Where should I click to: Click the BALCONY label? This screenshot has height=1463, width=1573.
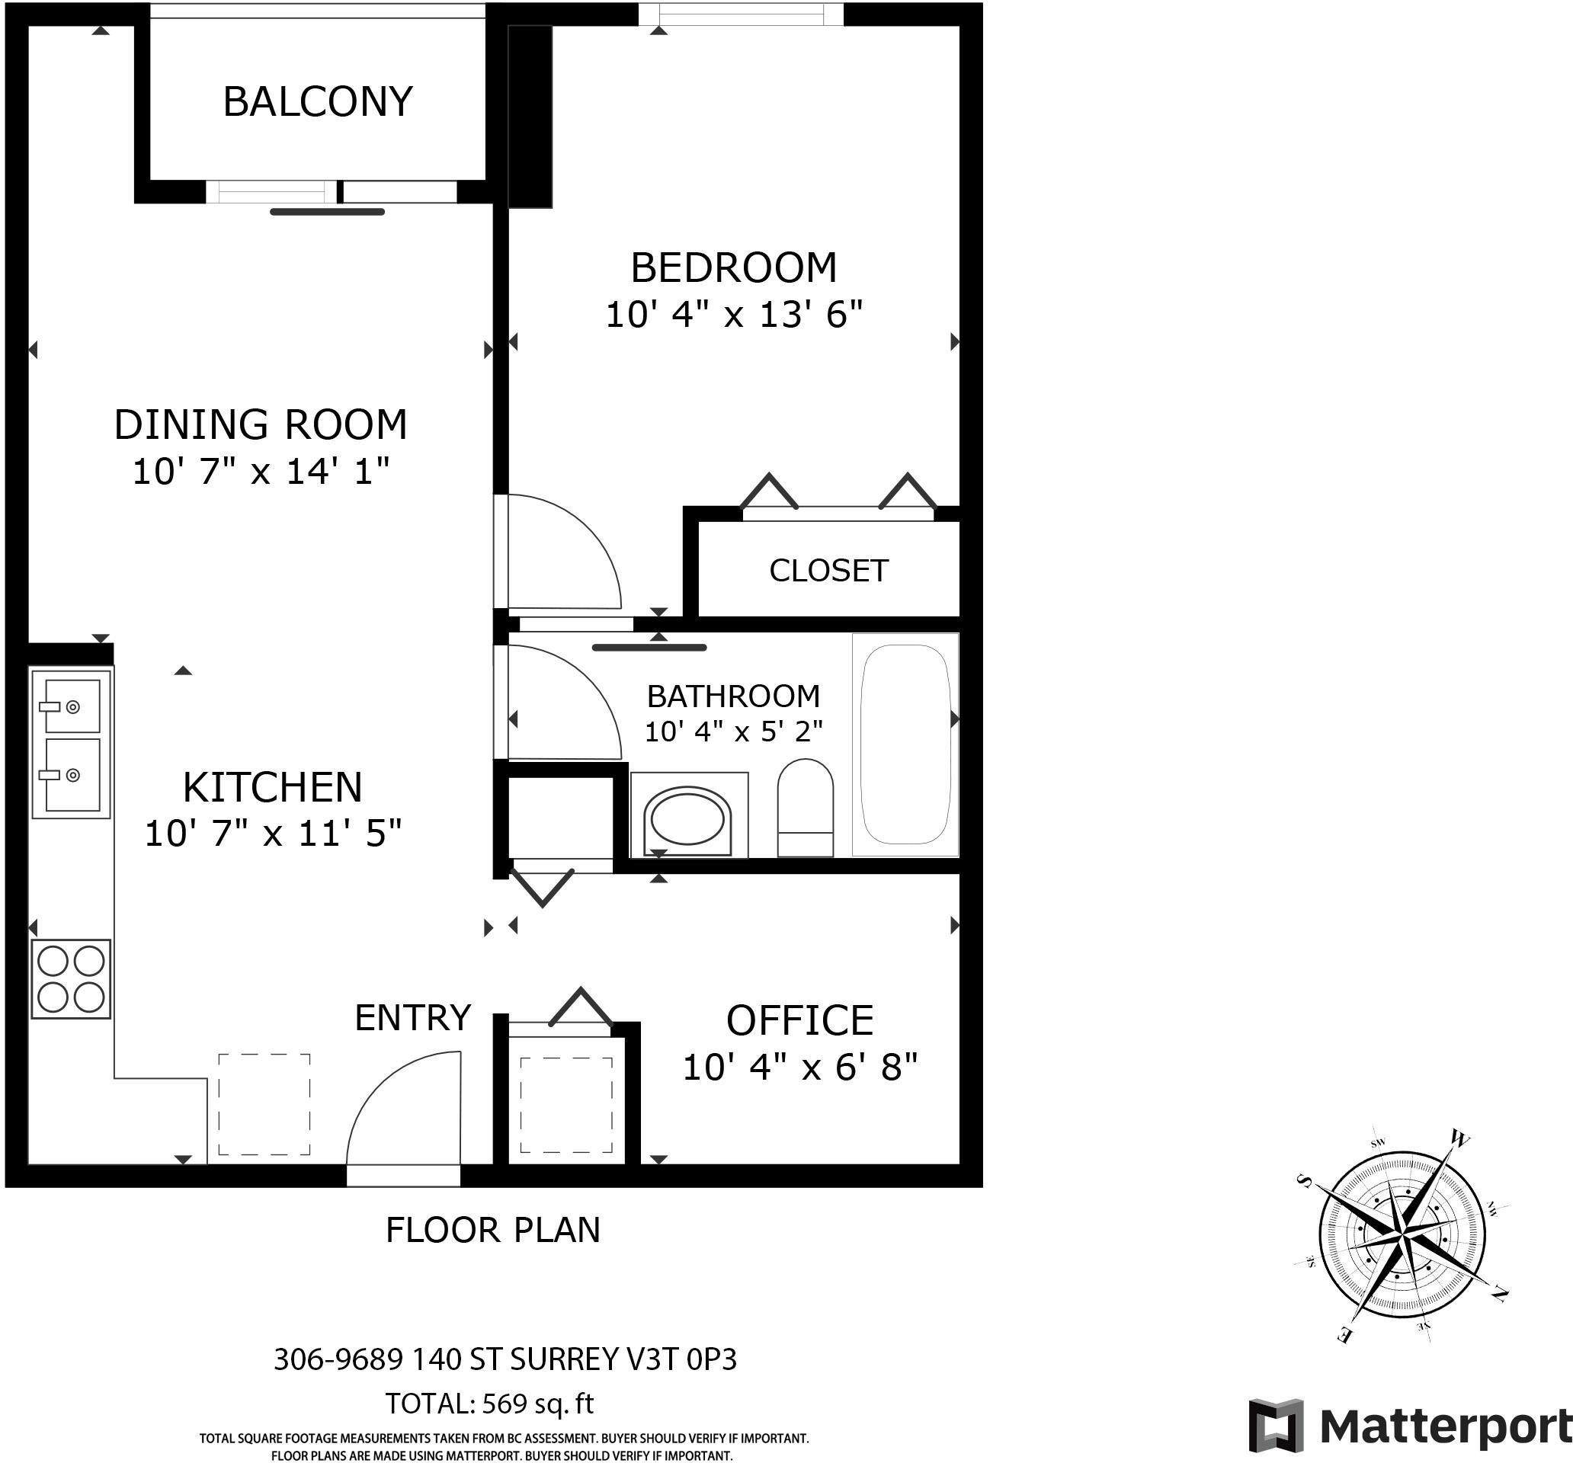click(x=317, y=101)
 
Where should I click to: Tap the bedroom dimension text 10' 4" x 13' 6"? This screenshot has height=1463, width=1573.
click(x=733, y=315)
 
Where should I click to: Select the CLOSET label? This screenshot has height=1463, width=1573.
click(x=828, y=571)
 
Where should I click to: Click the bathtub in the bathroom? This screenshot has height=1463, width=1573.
click(x=905, y=744)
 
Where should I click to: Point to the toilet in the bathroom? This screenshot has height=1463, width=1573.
click(x=806, y=807)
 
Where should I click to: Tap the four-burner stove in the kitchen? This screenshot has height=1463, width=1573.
click(x=70, y=978)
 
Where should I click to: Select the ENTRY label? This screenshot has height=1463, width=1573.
click(x=412, y=1018)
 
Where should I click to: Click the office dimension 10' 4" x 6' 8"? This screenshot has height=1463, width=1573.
click(x=800, y=1068)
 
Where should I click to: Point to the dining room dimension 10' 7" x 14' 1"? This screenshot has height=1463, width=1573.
click(x=261, y=472)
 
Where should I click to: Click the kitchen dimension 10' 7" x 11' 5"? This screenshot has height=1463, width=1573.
click(x=273, y=833)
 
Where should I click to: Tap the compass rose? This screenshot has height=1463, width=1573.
click(x=1402, y=1236)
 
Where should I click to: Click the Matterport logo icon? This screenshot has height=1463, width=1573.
click(x=1276, y=1426)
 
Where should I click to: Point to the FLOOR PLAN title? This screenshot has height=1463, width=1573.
click(x=493, y=1231)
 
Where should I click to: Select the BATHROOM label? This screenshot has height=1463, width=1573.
click(x=733, y=696)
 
